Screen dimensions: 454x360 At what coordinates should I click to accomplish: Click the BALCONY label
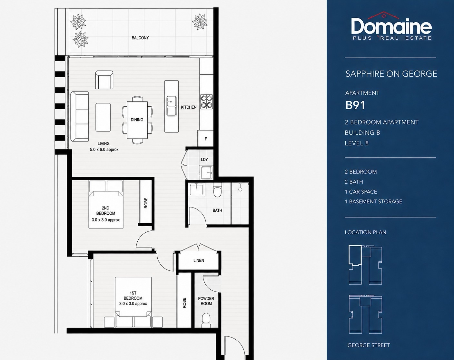tap(140, 38)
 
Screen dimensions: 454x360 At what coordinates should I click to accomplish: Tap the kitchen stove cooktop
tap(206, 102)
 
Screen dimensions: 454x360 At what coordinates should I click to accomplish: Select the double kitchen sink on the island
tap(172, 106)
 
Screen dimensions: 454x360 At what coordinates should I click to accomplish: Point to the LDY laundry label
tap(204, 160)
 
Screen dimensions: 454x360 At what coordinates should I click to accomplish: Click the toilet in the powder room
tap(206, 320)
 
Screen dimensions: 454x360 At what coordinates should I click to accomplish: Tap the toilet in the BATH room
tap(217, 190)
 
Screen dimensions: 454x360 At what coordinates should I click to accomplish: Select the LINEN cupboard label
tap(199, 260)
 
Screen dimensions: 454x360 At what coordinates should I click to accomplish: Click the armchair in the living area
tap(104, 80)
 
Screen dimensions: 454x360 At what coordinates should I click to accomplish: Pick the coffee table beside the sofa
tap(103, 117)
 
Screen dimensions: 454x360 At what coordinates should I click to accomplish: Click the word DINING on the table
tap(137, 120)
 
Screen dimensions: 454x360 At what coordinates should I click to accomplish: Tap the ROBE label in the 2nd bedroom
tap(146, 203)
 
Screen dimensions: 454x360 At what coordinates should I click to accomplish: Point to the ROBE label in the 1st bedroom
tap(184, 303)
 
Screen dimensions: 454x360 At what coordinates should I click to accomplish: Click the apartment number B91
tap(355, 105)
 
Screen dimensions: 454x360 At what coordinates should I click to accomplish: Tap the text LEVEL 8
tap(357, 143)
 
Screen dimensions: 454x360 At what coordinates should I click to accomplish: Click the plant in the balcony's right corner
tap(200, 22)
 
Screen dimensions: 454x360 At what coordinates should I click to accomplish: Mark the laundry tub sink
tap(207, 172)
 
